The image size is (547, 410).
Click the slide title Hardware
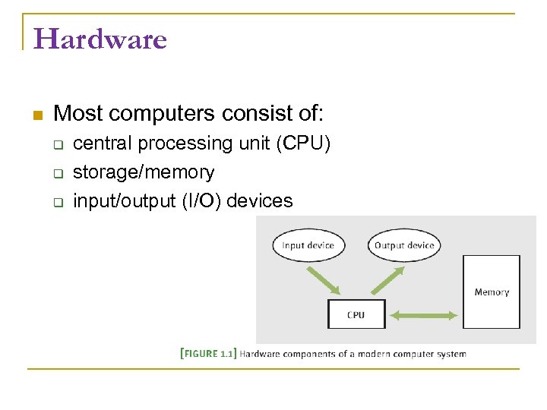[100, 39]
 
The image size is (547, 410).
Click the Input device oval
[308, 245]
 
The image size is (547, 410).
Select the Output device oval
[404, 245]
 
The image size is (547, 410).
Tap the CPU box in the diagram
[356, 314]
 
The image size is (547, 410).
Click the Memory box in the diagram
[492, 292]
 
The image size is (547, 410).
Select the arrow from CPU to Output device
[388, 279]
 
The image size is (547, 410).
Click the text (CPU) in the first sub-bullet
[303, 143]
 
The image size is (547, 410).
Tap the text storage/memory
[144, 172]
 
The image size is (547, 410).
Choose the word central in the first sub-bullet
[100, 143]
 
